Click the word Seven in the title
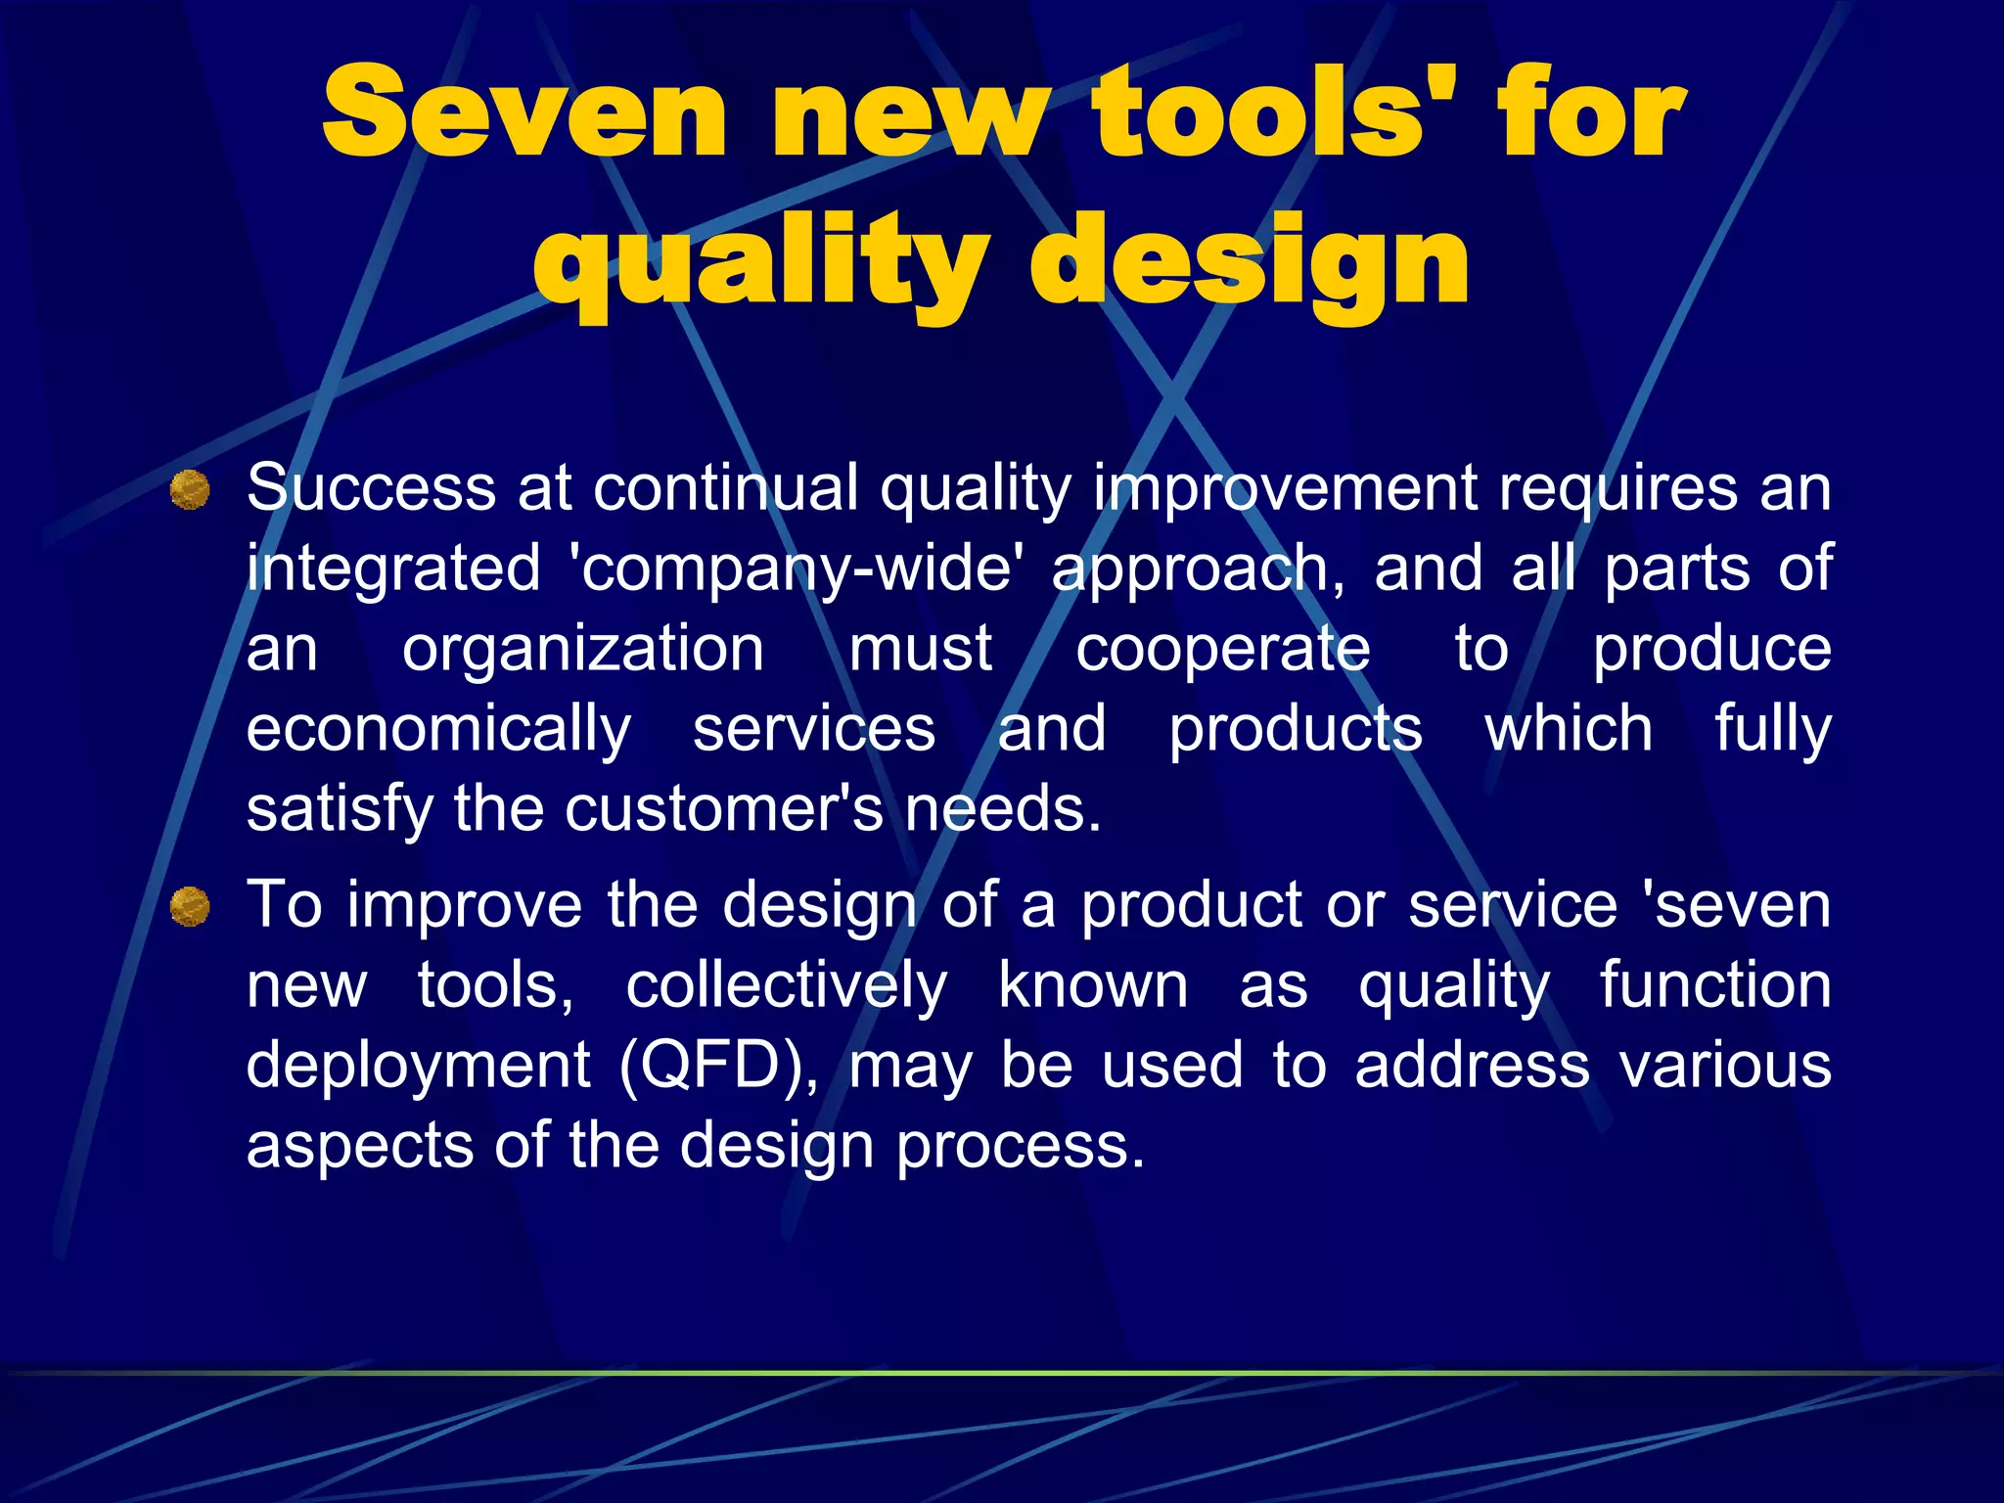[524, 112]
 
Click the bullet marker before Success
[190, 489]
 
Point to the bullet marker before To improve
[190, 906]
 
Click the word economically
[439, 730]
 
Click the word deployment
[418, 1067]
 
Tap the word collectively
[787, 985]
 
